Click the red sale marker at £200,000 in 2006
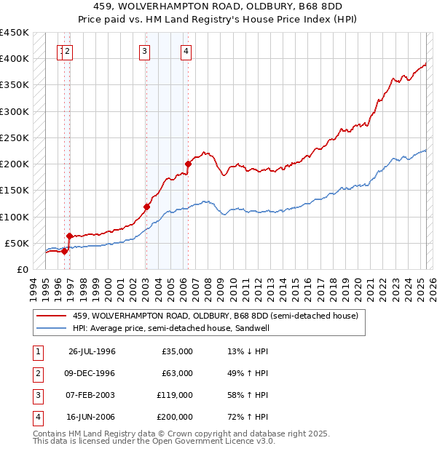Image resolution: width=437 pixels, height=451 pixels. pos(188,164)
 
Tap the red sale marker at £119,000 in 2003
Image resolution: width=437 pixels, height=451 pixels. pos(146,207)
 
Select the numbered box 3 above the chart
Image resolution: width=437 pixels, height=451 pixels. pos(145,51)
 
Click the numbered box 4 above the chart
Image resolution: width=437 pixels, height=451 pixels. pos(186,51)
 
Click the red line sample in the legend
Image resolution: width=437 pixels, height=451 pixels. pos(51,316)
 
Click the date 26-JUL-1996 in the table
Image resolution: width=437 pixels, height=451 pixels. pos(92,351)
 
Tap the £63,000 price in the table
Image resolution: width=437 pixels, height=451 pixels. pos(177,373)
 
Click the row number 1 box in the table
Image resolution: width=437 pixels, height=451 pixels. pos(36,351)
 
